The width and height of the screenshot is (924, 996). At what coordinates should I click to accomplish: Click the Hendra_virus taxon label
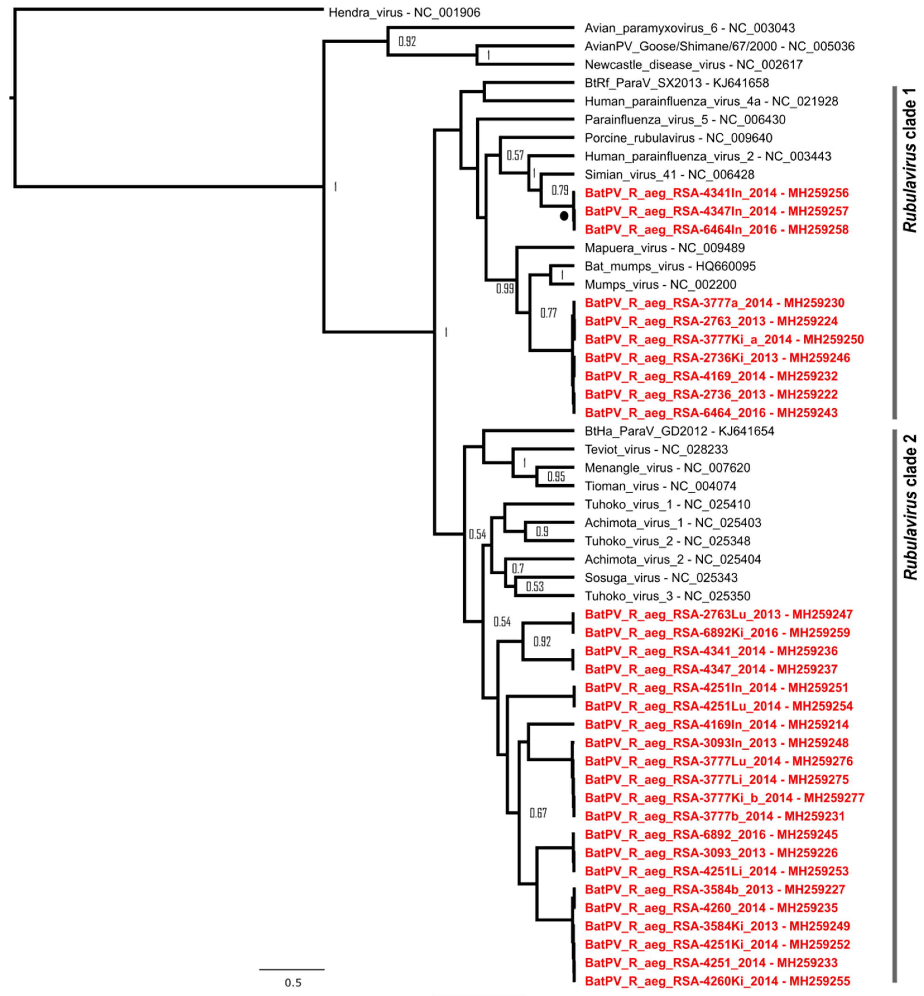click(404, 13)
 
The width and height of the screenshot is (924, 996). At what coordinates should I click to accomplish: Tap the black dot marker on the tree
click(564, 216)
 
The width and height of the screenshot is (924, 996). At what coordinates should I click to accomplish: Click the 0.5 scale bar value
click(293, 983)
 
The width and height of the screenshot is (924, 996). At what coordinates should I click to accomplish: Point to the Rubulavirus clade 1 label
click(910, 160)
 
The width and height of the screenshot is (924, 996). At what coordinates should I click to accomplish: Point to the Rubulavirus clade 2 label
click(910, 507)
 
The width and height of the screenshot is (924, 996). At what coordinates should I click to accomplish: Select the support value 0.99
click(504, 289)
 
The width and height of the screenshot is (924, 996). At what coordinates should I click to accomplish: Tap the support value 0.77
click(548, 313)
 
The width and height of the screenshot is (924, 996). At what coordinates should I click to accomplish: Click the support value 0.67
click(538, 813)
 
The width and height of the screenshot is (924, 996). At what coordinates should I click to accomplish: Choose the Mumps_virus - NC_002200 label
click(660, 285)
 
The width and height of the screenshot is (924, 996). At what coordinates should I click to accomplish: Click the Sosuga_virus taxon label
click(661, 578)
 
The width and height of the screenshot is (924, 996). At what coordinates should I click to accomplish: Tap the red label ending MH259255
click(717, 981)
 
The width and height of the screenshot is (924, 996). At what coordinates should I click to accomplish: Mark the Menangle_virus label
click(667, 468)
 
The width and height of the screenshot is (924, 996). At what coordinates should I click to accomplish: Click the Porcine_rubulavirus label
click(678, 138)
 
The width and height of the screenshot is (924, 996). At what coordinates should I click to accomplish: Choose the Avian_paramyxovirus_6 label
click(689, 28)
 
